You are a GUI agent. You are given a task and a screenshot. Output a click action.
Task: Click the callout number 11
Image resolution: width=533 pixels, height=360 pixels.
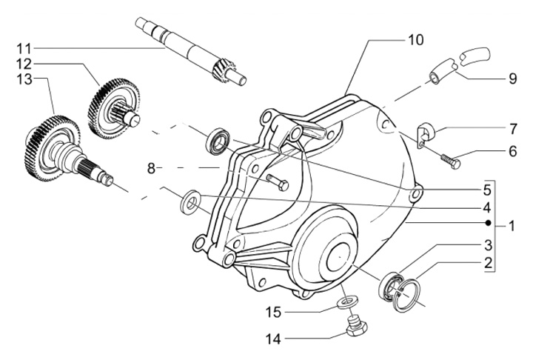[x=24, y=49]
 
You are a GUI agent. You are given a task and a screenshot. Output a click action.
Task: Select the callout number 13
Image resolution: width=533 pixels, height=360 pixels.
[x=24, y=79]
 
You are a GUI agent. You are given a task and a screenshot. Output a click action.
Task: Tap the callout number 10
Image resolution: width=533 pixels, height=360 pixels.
[x=416, y=40]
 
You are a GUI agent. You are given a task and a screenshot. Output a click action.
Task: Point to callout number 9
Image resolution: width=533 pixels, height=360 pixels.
[x=512, y=79]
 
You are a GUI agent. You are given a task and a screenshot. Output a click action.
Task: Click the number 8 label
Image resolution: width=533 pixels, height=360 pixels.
[x=151, y=168]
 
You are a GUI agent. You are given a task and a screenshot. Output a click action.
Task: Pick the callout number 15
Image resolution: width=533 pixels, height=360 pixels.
[x=274, y=312]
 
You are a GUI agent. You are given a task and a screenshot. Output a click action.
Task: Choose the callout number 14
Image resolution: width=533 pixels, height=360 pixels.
[x=274, y=339]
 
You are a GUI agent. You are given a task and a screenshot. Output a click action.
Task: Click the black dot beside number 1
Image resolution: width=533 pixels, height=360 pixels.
[x=488, y=223]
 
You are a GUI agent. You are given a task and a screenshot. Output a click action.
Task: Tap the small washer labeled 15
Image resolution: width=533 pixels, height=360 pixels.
[x=347, y=301]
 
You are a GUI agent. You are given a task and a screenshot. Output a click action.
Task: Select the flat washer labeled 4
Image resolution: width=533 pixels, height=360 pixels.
[x=191, y=201]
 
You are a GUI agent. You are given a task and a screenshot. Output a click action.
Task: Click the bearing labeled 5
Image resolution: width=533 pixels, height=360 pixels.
[x=218, y=141]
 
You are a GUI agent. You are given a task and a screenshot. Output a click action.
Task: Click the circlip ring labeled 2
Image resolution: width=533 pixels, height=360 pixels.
[x=406, y=296]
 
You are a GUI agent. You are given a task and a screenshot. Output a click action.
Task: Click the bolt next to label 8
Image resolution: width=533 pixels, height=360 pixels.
[x=278, y=182]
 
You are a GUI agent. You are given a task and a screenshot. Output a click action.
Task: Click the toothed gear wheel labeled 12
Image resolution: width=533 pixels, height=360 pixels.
[x=114, y=109]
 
